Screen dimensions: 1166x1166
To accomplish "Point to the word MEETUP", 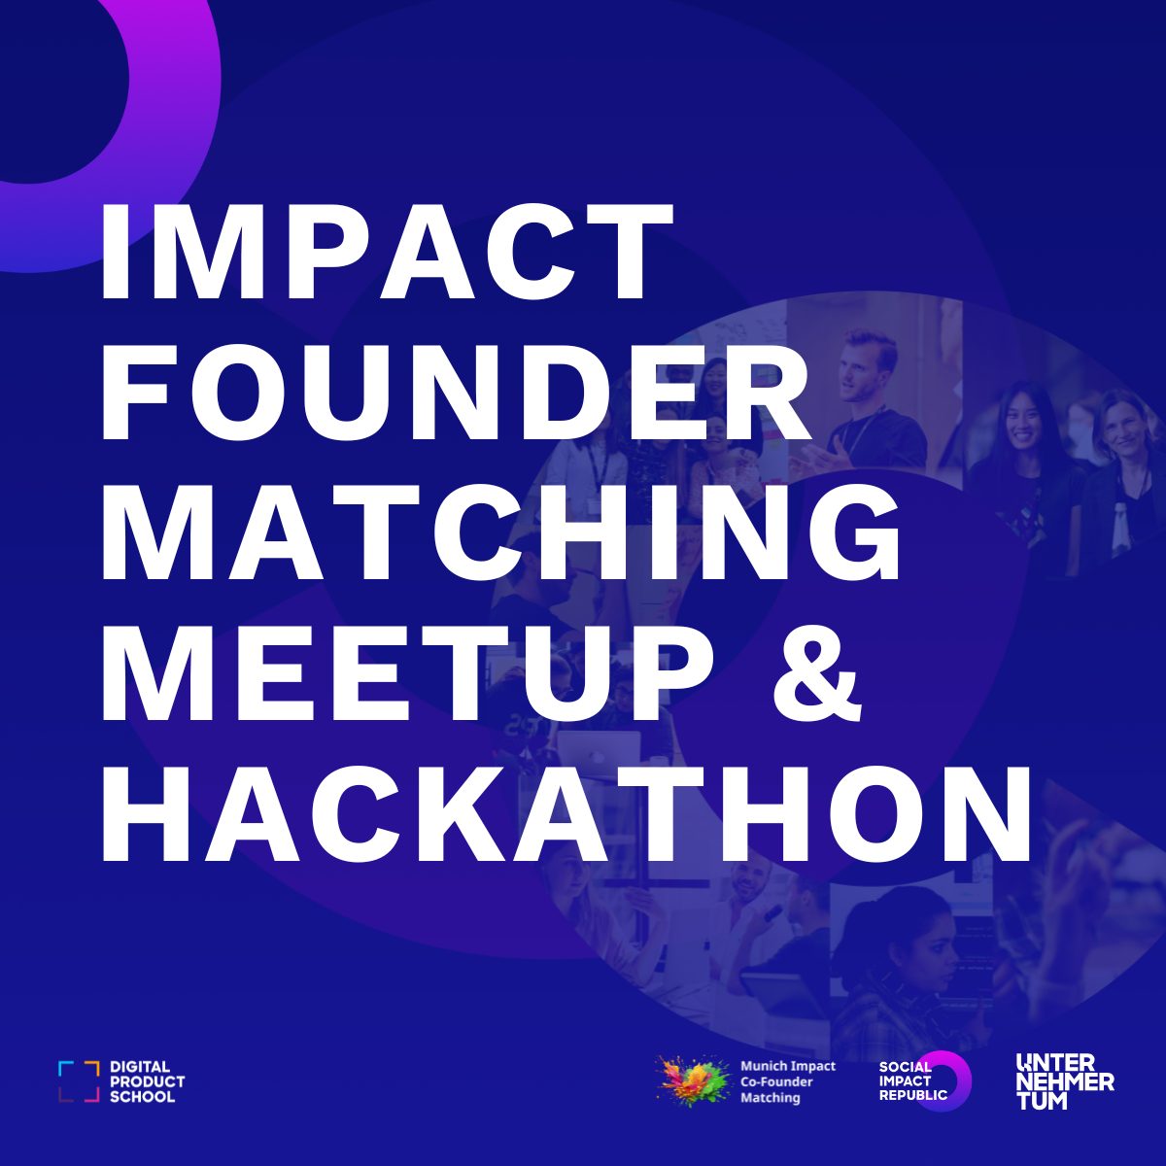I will pyautogui.click(x=408, y=670).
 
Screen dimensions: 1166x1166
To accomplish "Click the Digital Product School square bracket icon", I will pyautogui.click(x=79, y=1081).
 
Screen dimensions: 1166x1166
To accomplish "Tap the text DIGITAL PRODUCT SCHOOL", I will pyautogui.click(x=146, y=1081).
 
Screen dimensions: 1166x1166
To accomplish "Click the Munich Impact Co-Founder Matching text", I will pyautogui.click(x=787, y=1081).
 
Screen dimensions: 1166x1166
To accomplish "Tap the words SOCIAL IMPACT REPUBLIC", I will pyautogui.click(x=909, y=1080).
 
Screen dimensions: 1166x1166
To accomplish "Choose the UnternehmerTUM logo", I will pyautogui.click(x=1064, y=1080).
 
